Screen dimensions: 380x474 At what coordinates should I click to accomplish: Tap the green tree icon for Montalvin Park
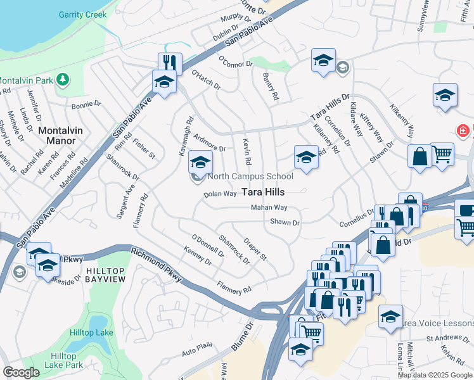point(62,79)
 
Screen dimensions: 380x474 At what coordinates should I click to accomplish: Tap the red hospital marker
point(464,130)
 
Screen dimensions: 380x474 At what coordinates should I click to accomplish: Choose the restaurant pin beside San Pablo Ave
point(170,63)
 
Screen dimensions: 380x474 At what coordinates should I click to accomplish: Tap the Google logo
point(21,372)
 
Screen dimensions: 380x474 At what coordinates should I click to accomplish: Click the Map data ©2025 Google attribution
point(435,375)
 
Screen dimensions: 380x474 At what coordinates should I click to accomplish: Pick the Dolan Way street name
point(220,194)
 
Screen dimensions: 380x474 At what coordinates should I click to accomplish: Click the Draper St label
point(255,249)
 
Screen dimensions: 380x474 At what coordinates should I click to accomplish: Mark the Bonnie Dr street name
point(87,106)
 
